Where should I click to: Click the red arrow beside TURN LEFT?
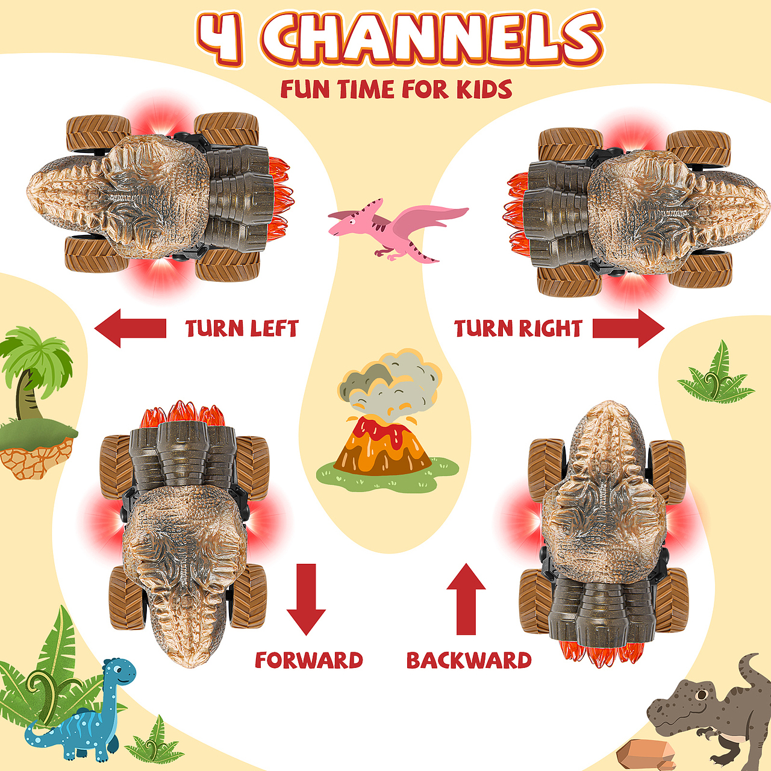131,328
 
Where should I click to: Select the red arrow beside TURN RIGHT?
629,328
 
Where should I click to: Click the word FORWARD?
309,660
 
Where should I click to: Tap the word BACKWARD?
469,660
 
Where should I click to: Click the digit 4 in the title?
220,38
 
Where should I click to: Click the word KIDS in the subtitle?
484,89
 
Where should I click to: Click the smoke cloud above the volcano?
390,385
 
